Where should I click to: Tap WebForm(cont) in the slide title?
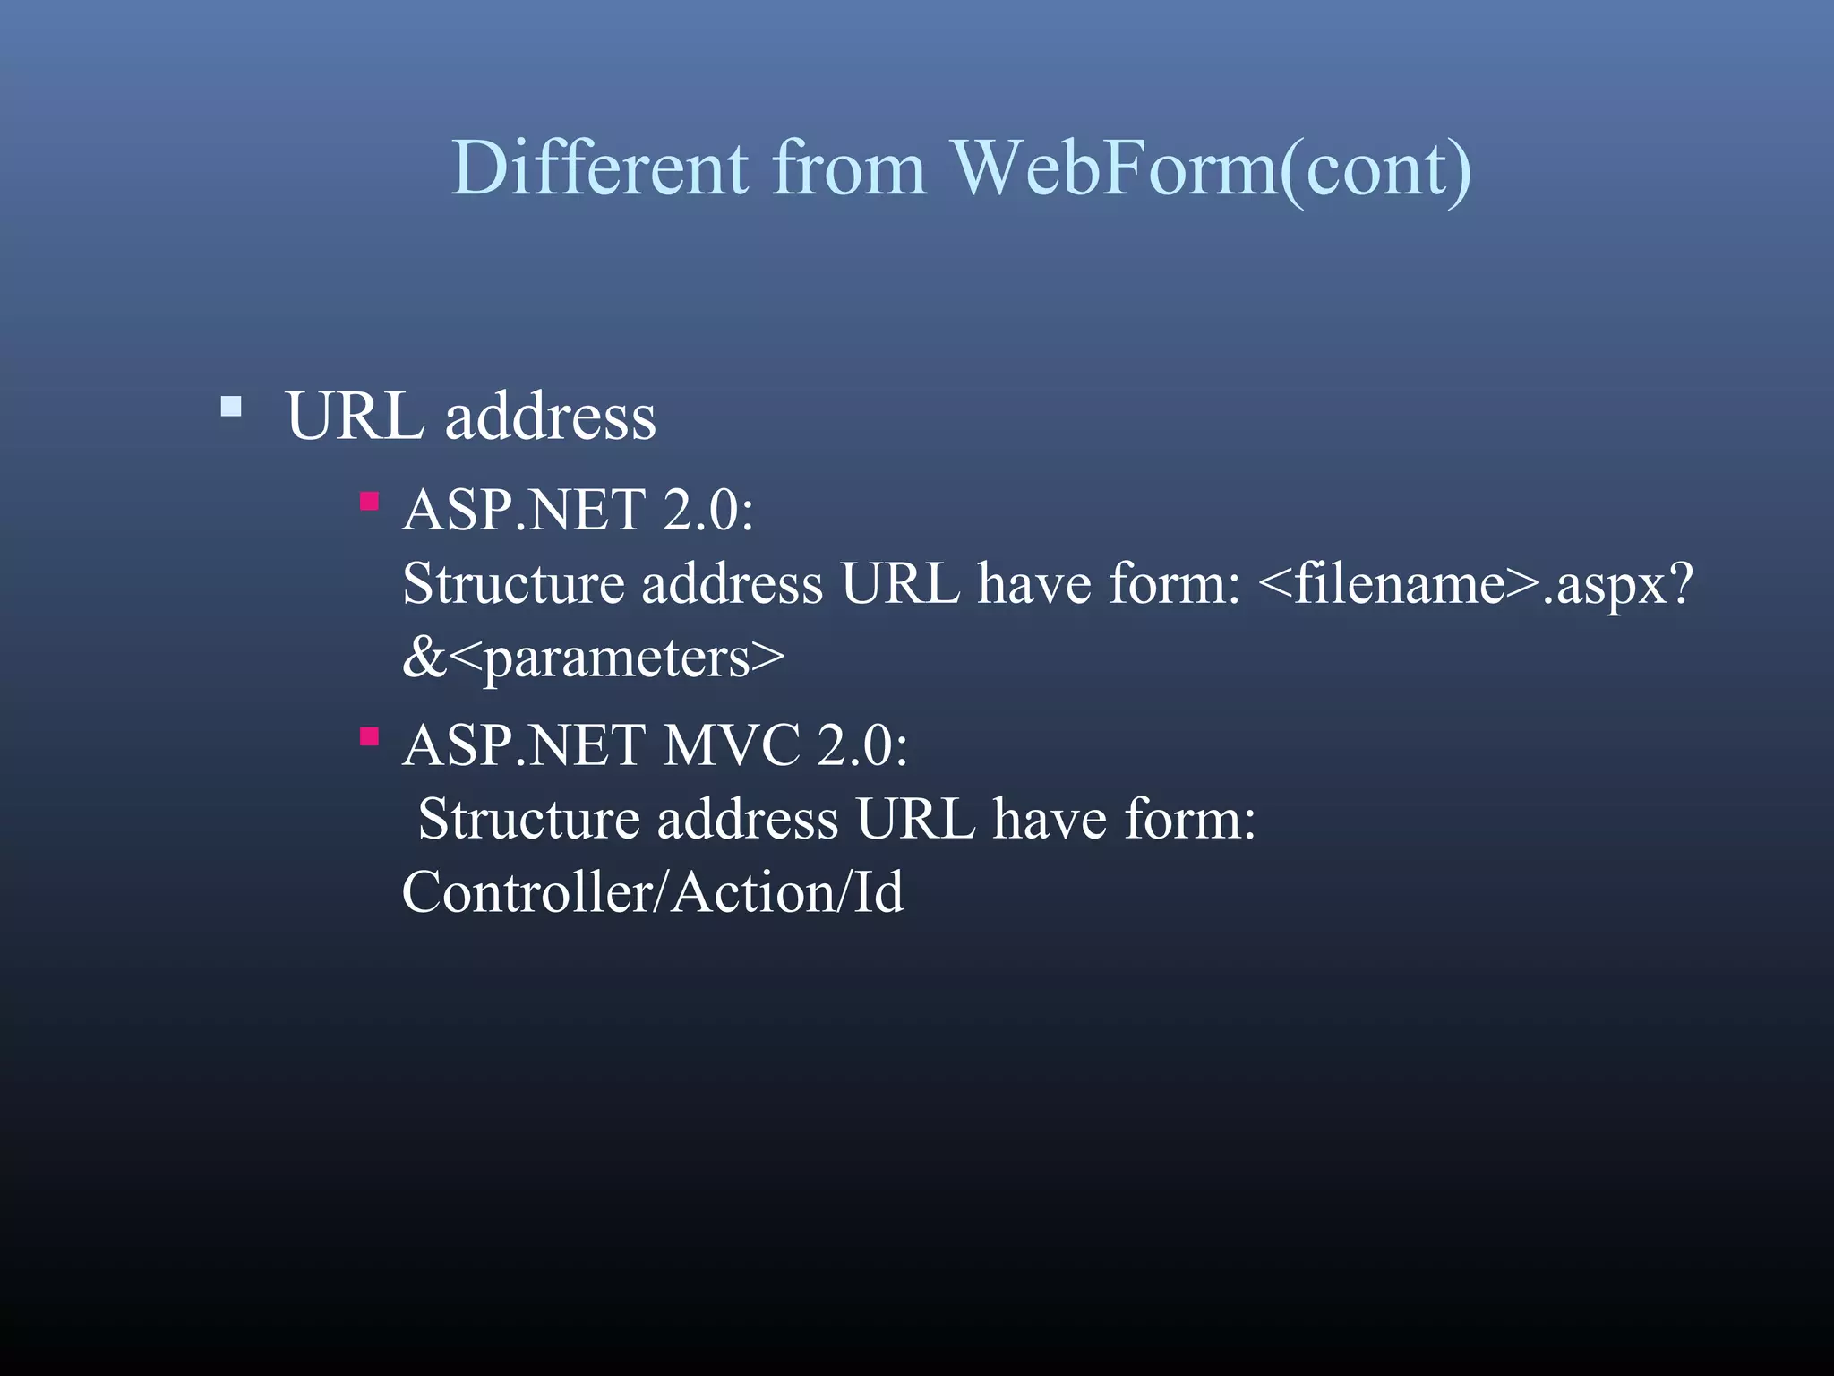pyautogui.click(x=1211, y=169)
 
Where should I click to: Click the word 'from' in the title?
pyautogui.click(x=848, y=168)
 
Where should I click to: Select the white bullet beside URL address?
pyautogui.click(x=231, y=408)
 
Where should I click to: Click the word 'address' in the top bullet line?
pyautogui.click(x=550, y=417)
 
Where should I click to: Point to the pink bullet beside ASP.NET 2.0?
pyautogui.click(x=369, y=501)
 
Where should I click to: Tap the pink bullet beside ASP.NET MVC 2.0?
pyautogui.click(x=369, y=736)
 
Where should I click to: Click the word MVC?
pyautogui.click(x=731, y=744)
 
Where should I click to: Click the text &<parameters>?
pyautogui.click(x=593, y=658)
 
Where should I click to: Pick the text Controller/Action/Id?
pyautogui.click(x=653, y=892)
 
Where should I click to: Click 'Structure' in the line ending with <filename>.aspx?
pyautogui.click(x=513, y=584)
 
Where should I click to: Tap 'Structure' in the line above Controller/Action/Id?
pyautogui.click(x=528, y=819)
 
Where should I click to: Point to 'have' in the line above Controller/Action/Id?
pyautogui.click(x=1049, y=819)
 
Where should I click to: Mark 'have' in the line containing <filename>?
pyautogui.click(x=1033, y=584)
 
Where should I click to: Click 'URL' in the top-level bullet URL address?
pyautogui.click(x=355, y=417)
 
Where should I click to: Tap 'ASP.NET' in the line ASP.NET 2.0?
pyautogui.click(x=524, y=510)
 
